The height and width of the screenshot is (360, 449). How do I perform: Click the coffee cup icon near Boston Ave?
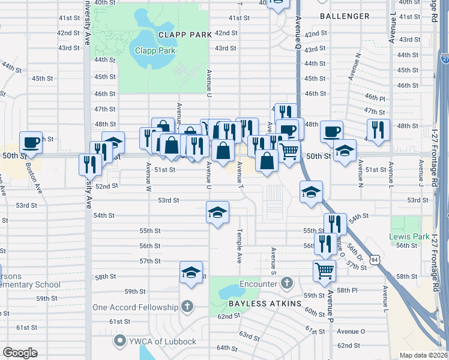31,143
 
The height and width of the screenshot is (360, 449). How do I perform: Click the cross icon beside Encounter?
287,282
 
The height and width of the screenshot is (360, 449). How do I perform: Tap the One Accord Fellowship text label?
135,307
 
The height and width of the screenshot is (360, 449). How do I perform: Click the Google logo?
19,353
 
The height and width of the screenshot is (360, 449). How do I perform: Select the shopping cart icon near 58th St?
324,271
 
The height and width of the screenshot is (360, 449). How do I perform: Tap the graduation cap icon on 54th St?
218,212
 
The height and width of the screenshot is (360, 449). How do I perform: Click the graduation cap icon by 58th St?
191,272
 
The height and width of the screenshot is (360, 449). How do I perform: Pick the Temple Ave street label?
239,246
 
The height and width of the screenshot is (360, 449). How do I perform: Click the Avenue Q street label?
298,34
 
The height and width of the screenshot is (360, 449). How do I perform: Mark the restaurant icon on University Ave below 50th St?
90,164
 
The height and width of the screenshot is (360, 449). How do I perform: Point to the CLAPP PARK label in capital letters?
185,35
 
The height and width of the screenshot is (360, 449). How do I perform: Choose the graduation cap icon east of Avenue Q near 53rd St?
311,192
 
